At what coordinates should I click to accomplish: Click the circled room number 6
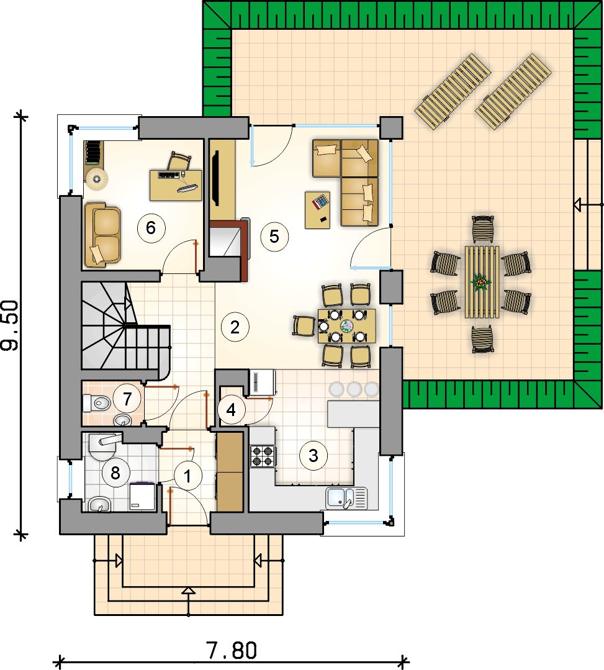(151, 228)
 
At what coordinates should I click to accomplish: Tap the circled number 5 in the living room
(274, 237)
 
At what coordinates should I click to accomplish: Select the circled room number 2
(235, 327)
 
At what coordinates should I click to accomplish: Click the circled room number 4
(231, 410)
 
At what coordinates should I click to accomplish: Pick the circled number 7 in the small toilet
(127, 399)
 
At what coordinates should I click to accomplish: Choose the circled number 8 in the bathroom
(115, 473)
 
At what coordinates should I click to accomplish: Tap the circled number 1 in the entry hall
(187, 476)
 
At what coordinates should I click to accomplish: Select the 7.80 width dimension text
(232, 651)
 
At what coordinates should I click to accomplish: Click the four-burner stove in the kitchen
(263, 456)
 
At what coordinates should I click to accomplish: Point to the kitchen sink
(346, 498)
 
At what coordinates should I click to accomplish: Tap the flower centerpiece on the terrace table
(481, 282)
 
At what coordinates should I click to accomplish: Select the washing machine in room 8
(142, 497)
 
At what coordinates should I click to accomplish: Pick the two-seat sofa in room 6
(102, 235)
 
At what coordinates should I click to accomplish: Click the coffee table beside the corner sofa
(317, 211)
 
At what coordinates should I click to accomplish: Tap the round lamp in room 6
(96, 179)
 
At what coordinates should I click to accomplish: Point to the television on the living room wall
(215, 178)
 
